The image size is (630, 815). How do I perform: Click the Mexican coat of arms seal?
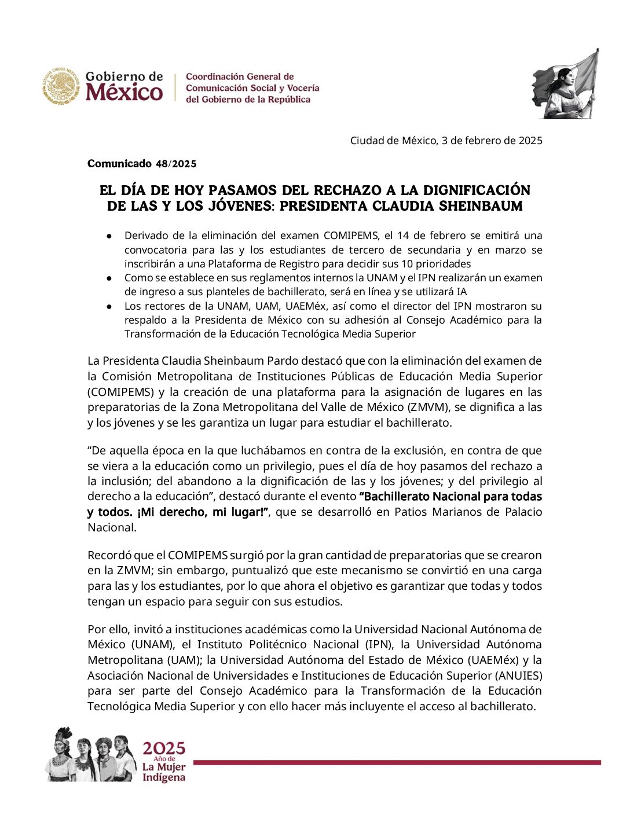61,86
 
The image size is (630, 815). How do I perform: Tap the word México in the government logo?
124,93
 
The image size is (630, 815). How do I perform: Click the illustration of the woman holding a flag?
565,85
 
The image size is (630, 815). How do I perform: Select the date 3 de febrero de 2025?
492,141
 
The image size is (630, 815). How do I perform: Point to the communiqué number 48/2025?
176,164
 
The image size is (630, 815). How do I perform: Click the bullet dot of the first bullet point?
109,236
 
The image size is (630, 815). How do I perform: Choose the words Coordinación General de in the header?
240,76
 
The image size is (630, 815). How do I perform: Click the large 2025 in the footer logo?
164,748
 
